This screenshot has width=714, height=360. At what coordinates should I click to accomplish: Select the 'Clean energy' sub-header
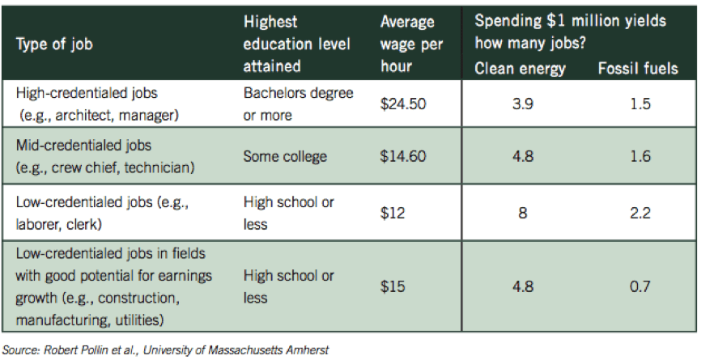pyautogui.click(x=520, y=68)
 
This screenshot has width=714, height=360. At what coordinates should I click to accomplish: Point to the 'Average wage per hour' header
pyautogui.click(x=407, y=44)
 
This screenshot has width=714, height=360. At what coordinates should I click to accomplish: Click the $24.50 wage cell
pyautogui.click(x=403, y=104)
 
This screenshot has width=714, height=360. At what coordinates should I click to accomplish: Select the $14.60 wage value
pyautogui.click(x=403, y=156)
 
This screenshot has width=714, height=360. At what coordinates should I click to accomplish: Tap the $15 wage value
pyautogui.click(x=392, y=287)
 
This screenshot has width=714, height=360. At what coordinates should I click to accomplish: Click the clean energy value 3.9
pyautogui.click(x=520, y=104)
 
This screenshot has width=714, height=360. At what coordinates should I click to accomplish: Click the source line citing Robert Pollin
pyautogui.click(x=165, y=349)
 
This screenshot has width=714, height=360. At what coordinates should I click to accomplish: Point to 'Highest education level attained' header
pyautogui.click(x=296, y=44)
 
